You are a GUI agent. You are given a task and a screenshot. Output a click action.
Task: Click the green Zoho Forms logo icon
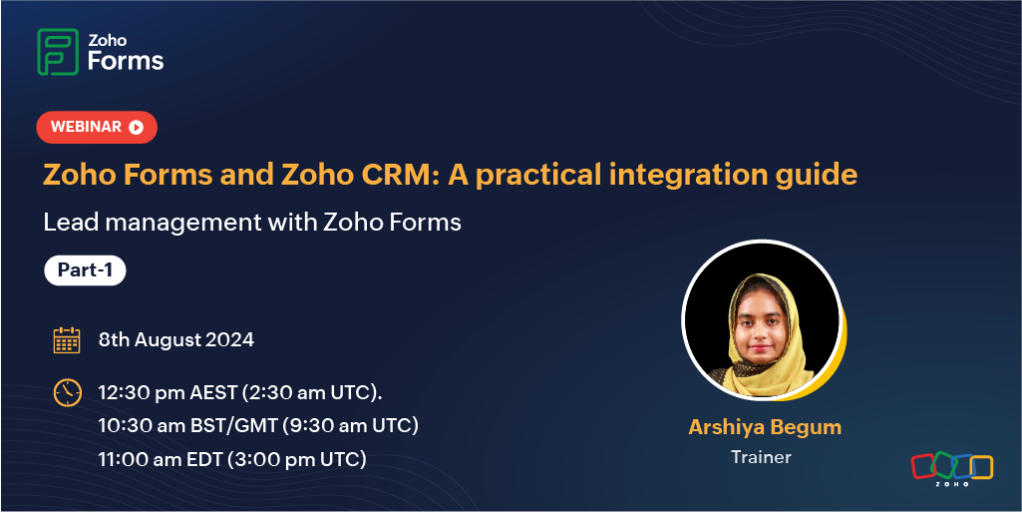coord(58,52)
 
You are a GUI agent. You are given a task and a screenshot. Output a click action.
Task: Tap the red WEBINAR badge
coord(97,127)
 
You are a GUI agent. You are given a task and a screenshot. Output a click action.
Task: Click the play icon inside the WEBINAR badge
coord(136,127)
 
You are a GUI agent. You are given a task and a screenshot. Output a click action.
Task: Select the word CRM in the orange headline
coord(398,175)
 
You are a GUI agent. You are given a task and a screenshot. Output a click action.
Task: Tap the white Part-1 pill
coord(85,270)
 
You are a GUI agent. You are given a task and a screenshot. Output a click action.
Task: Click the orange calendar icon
coord(67,339)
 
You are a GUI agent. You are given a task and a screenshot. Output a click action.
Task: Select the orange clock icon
coord(67,392)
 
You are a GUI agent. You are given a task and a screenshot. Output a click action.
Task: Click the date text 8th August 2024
coord(175,339)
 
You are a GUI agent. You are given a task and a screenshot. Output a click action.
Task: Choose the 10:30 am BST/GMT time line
coord(258,426)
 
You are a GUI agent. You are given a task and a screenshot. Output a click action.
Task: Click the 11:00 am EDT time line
coord(232,459)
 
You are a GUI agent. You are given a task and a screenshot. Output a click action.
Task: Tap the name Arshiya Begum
coord(765,428)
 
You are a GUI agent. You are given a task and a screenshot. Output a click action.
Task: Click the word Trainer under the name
coord(762,456)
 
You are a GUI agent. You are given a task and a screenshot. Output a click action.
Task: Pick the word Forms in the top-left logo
coord(126,61)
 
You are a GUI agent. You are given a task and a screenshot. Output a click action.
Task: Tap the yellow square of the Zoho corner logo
coord(981,467)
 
